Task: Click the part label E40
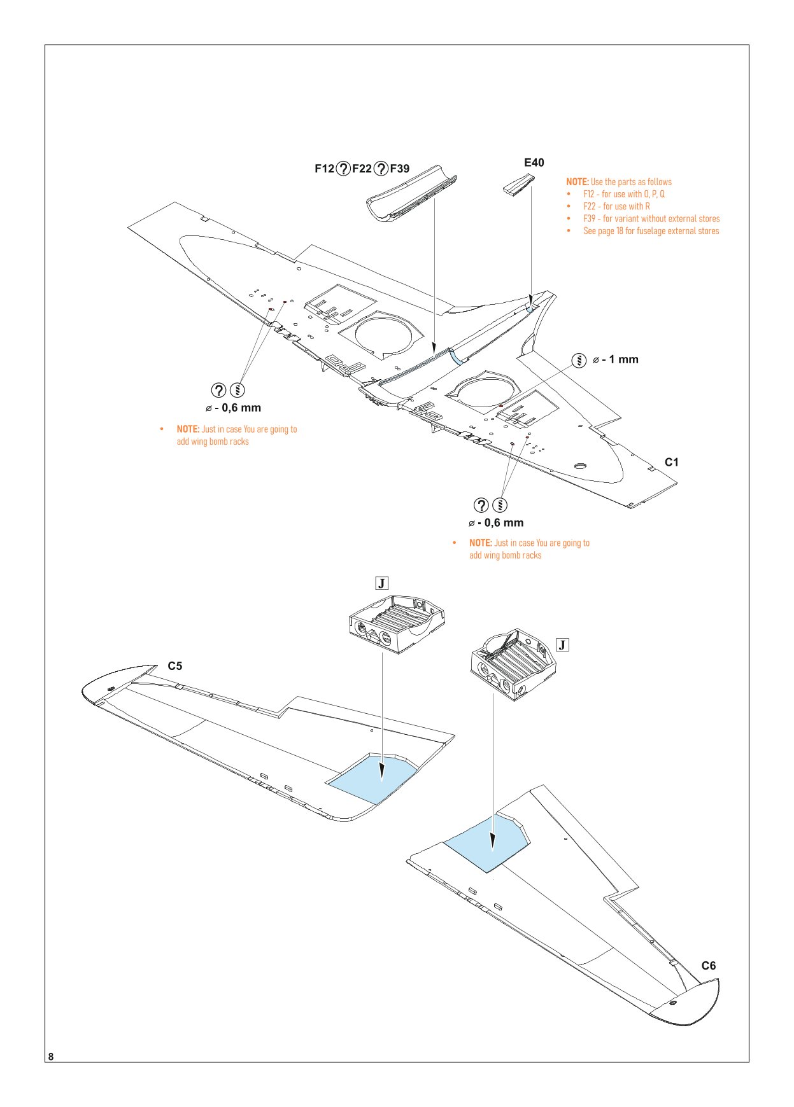[534, 163]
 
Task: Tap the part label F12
[324, 169]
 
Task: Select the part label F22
[362, 169]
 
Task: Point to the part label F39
[399, 169]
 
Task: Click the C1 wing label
[671, 463]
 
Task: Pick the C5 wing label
[174, 666]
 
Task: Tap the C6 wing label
[708, 966]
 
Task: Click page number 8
[51, 1057]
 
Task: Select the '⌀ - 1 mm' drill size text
[615, 359]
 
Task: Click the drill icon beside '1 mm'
[579, 360]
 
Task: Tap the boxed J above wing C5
[381, 583]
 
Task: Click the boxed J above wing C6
[562, 645]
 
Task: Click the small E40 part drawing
[519, 185]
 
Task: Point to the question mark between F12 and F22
[343, 169]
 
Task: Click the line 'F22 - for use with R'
[616, 206]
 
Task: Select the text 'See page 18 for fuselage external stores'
[651, 231]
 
